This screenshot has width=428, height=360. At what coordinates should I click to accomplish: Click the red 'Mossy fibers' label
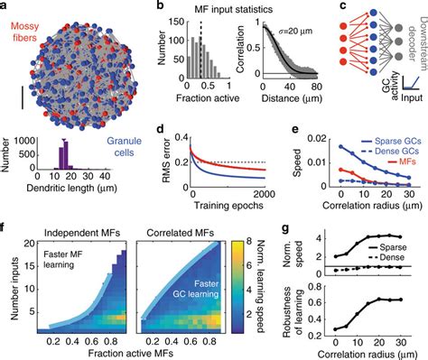coord(25,32)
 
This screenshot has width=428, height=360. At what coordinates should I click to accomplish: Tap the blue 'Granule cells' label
coord(124,147)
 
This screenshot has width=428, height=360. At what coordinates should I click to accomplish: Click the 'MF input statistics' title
coord(233,9)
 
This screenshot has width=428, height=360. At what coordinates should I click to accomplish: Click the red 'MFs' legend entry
coord(407,162)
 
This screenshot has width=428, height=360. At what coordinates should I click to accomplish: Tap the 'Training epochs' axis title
coord(228,206)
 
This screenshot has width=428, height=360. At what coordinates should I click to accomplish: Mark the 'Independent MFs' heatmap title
coord(82,233)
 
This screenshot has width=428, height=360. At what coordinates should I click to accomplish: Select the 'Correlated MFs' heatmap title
coord(180,233)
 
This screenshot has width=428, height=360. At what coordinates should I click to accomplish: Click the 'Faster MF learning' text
coord(62,260)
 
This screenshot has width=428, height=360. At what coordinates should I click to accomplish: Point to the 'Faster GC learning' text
coord(196,289)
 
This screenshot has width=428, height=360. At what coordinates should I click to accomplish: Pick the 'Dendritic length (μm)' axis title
coord(71,189)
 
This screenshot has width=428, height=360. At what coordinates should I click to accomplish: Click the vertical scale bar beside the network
coord(23,97)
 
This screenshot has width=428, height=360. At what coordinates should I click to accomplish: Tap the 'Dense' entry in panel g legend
coord(392,257)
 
